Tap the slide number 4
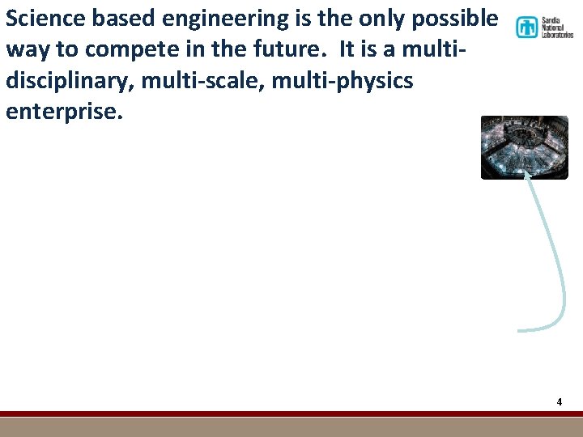click(x=559, y=401)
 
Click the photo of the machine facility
click(x=525, y=146)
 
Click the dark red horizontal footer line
click(x=291, y=414)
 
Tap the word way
click(x=28, y=49)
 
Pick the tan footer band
click(x=291, y=427)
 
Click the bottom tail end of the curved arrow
click(x=521, y=329)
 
